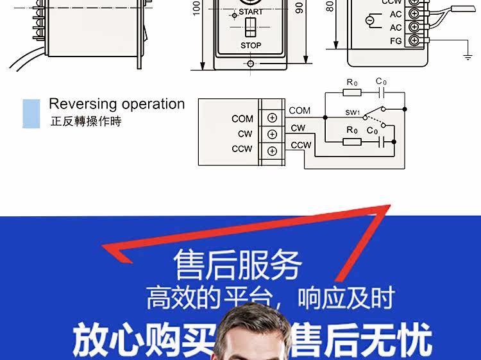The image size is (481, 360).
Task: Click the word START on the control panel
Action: click(x=251, y=12)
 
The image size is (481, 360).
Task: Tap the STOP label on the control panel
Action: click(x=251, y=46)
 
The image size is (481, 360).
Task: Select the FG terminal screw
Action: click(x=414, y=40)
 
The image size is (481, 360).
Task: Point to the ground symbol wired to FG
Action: click(x=467, y=56)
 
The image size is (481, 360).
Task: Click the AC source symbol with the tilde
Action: click(x=369, y=21)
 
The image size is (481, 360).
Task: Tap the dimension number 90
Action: click(x=299, y=8)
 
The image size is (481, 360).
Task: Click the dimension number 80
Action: click(x=330, y=6)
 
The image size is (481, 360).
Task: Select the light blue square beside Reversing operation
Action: click(x=31, y=113)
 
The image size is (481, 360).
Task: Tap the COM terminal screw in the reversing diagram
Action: click(x=272, y=118)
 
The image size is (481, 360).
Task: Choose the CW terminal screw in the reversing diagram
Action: click(x=272, y=133)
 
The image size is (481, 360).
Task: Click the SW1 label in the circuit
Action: click(x=353, y=113)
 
